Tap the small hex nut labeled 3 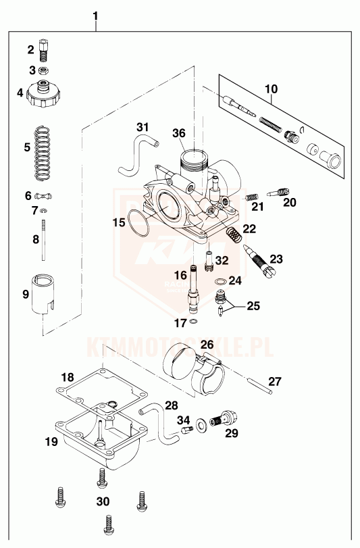pyautogui.click(x=44, y=71)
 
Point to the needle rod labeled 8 pyautogui.click(x=44, y=239)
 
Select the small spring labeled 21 pyautogui.click(x=252, y=197)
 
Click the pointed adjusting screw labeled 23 pyautogui.click(x=262, y=261)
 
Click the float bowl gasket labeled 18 pyautogui.click(x=101, y=389)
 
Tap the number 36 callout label pyautogui.click(x=179, y=133)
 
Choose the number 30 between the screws pyautogui.click(x=103, y=502)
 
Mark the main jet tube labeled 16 pyautogui.click(x=193, y=289)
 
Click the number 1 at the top pyautogui.click(x=95, y=16)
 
